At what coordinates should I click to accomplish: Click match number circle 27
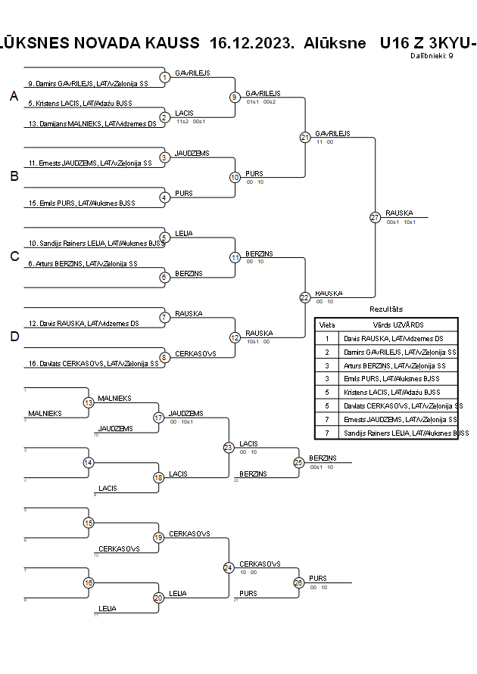(x=375, y=217)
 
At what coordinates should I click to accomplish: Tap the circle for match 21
(x=305, y=137)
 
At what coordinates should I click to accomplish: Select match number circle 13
(x=89, y=402)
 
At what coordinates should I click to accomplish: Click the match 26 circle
(x=298, y=582)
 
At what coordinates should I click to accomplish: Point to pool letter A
(x=14, y=96)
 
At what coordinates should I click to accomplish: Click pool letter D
(x=14, y=337)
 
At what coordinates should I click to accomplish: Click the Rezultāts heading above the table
(x=386, y=310)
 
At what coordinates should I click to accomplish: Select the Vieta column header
(x=327, y=325)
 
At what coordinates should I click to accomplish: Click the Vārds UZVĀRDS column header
(x=397, y=325)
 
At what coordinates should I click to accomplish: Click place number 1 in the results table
(x=327, y=338)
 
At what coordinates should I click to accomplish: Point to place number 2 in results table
(x=327, y=352)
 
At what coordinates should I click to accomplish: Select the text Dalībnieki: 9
(x=432, y=55)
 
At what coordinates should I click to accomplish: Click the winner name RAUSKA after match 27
(x=399, y=213)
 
